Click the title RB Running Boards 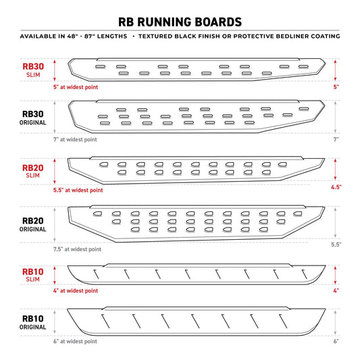tap(180, 20)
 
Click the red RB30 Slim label tap(34, 70)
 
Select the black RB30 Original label tap(34, 118)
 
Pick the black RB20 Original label tap(34, 224)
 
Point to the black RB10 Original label tap(34, 322)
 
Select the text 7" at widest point tap(75, 140)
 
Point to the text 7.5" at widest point tap(77, 249)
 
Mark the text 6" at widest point tap(75, 342)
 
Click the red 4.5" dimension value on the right tap(336, 186)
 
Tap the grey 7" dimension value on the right tap(336, 139)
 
